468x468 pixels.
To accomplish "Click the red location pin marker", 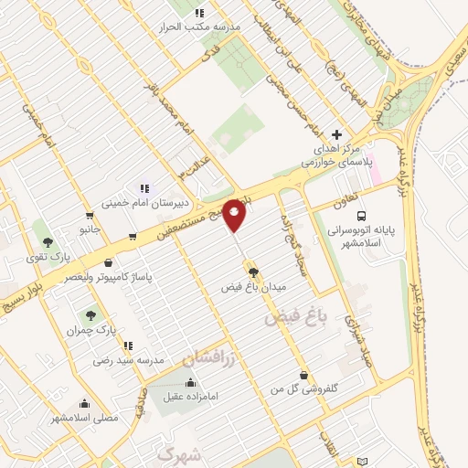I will click(235, 213).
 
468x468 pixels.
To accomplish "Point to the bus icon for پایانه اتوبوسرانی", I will click(362, 217).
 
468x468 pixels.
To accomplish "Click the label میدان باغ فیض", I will click(254, 287).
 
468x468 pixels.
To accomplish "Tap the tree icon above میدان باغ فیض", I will click(253, 271).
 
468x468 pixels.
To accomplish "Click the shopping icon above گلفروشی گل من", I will click(303, 374).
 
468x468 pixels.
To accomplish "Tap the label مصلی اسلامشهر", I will click(84, 418).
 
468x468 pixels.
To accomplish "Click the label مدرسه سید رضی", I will click(128, 360).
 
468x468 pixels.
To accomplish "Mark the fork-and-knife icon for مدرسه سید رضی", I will click(128, 345).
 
